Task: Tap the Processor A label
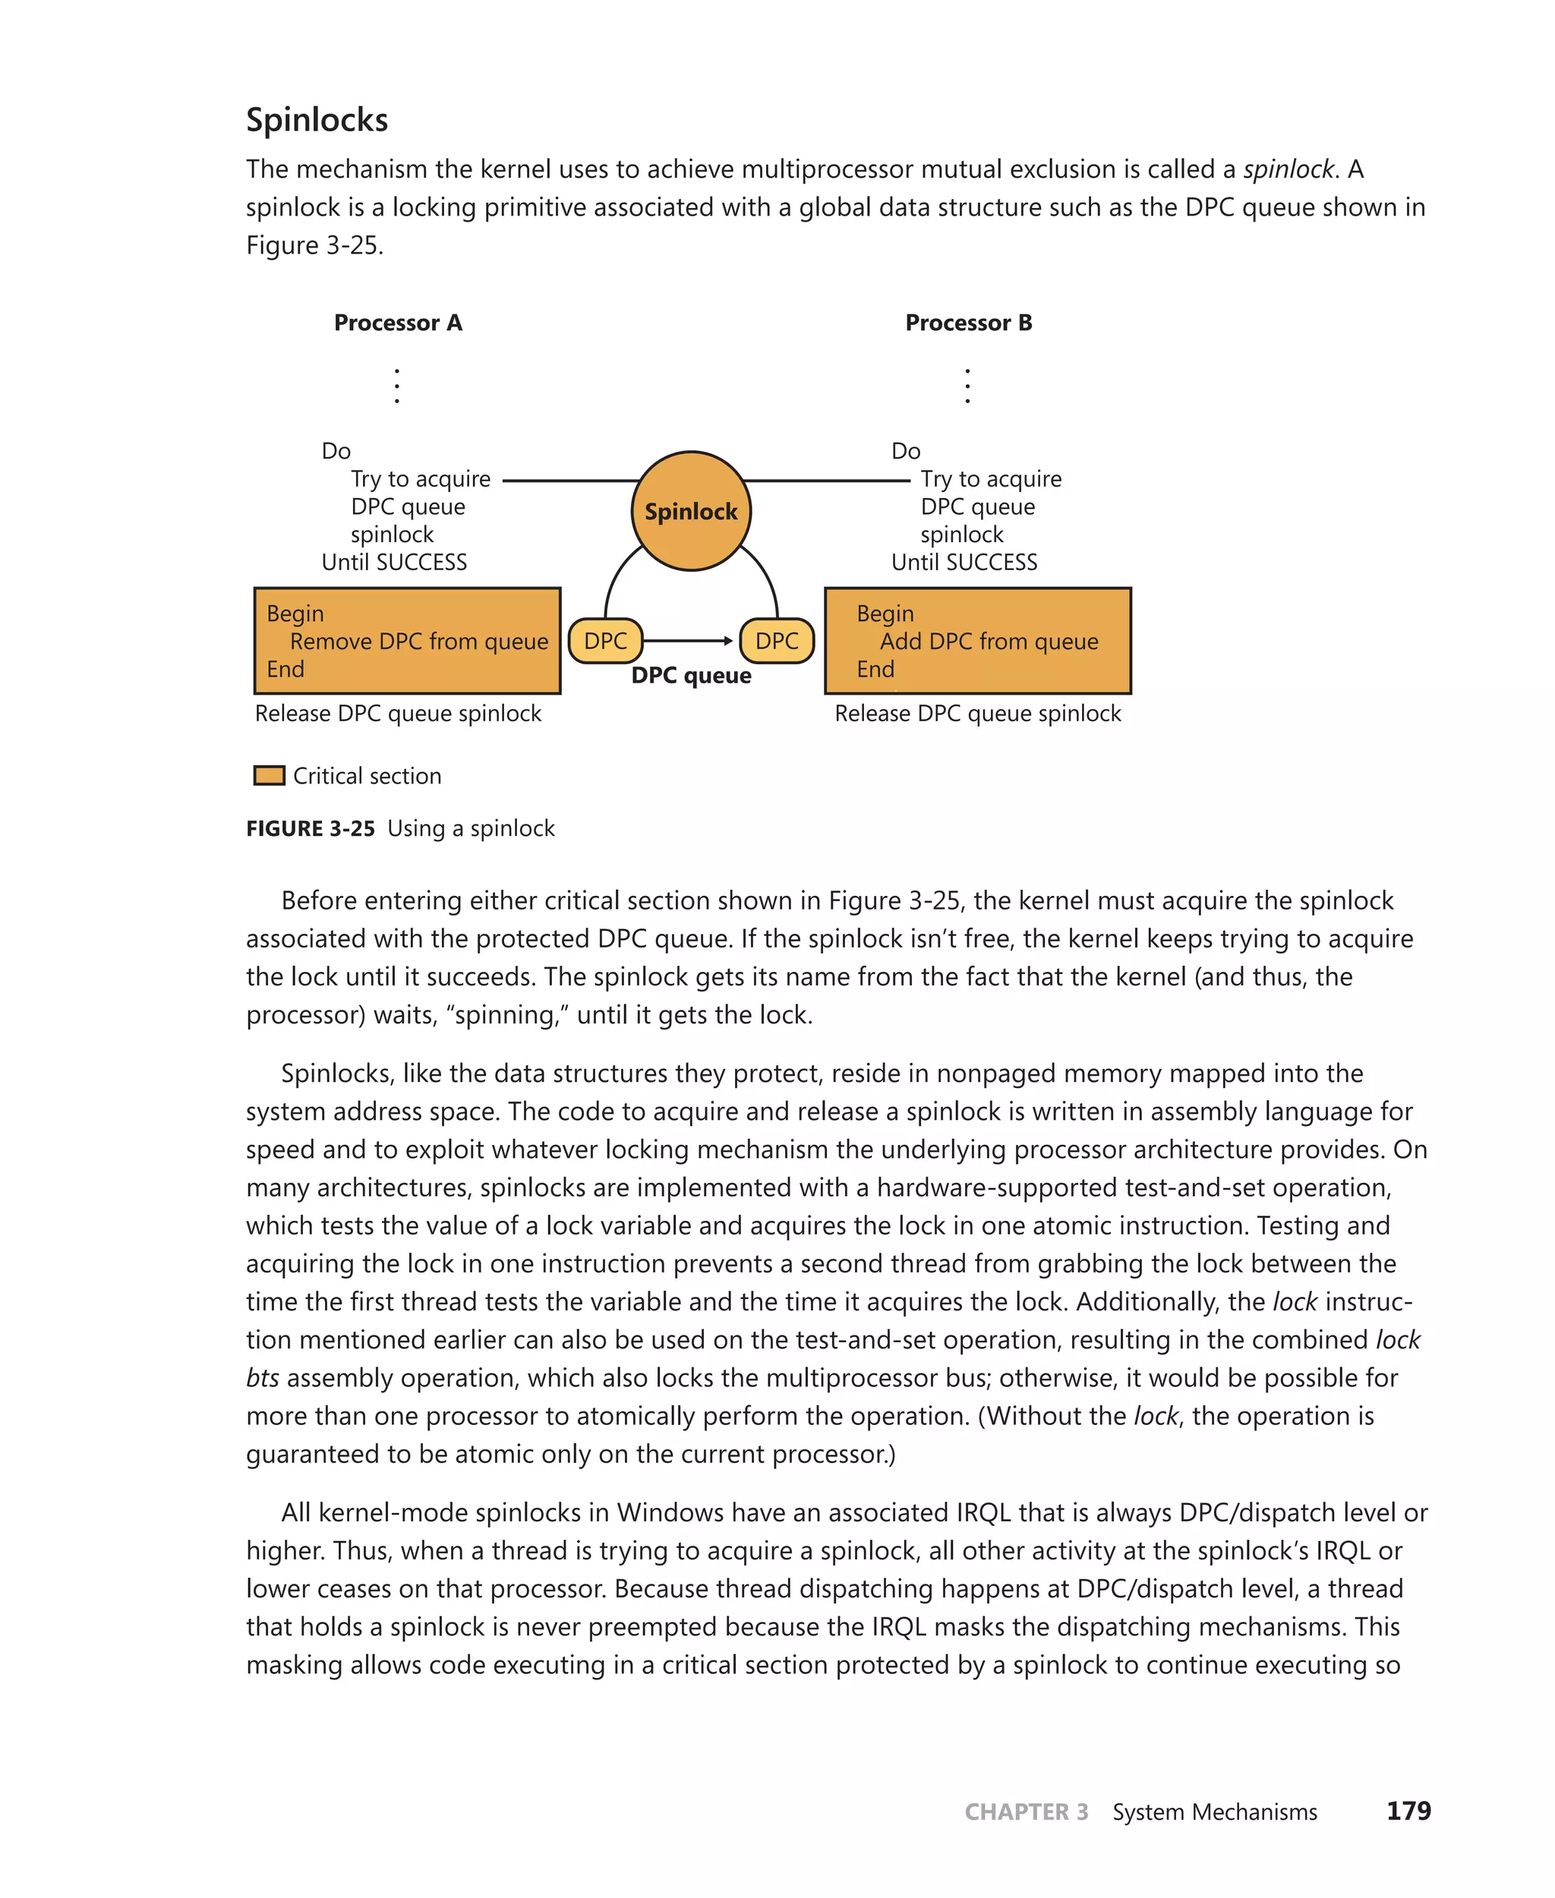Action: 398,323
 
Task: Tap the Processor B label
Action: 968,323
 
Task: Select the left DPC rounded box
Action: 605,642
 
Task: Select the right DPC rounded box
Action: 777,642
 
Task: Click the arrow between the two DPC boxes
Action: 688,642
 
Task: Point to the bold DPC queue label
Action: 691,676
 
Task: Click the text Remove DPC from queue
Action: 418,642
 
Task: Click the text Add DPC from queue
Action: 988,642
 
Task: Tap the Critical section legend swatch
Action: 269,776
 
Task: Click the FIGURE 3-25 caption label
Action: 310,828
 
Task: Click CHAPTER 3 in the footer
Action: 1026,1812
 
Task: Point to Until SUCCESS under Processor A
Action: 394,563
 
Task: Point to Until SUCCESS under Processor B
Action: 964,563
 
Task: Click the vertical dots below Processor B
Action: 967,385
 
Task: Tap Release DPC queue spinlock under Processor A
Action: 398,714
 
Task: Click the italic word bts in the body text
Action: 263,1378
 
